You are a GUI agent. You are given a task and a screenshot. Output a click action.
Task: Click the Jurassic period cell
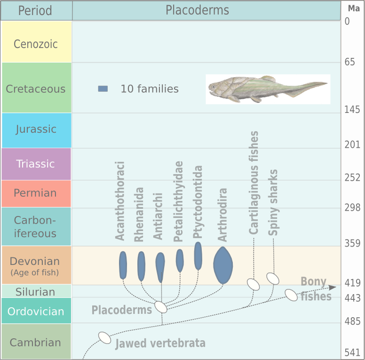pos(36,129)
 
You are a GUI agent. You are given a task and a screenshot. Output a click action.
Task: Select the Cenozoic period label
pos(36,44)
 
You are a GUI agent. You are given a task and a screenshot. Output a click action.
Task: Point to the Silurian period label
pos(35,291)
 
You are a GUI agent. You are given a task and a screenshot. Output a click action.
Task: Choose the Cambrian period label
pos(36,342)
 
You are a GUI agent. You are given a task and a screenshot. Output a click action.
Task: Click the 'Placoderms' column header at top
pos(197,10)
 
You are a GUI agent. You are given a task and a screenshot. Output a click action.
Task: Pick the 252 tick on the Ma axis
pos(352,178)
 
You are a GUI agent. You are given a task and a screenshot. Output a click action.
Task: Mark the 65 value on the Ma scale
pos(349,62)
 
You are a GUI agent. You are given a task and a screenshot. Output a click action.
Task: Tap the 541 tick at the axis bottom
pos(352,352)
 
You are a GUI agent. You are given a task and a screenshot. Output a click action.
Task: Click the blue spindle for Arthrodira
pos(223,265)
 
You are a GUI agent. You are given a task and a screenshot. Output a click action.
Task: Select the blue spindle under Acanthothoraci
pos(123,265)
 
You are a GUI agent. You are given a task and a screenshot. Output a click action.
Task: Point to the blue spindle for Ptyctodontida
pos(198,256)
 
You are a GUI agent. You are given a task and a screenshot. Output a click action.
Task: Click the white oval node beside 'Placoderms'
pos(161,307)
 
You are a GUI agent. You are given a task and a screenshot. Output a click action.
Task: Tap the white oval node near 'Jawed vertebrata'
pos(104,337)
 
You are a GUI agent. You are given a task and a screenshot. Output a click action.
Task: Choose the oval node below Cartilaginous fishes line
pos(254,284)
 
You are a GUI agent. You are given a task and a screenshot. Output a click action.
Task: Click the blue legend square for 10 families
pos(103,88)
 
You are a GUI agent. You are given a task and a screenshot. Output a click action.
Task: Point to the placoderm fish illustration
pos(268,89)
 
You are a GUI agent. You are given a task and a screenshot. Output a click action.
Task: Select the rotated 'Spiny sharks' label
pos(273,202)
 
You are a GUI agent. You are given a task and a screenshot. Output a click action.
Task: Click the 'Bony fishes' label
pos(315,289)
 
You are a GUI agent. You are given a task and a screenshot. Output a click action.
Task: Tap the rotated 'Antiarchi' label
pos(158,216)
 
